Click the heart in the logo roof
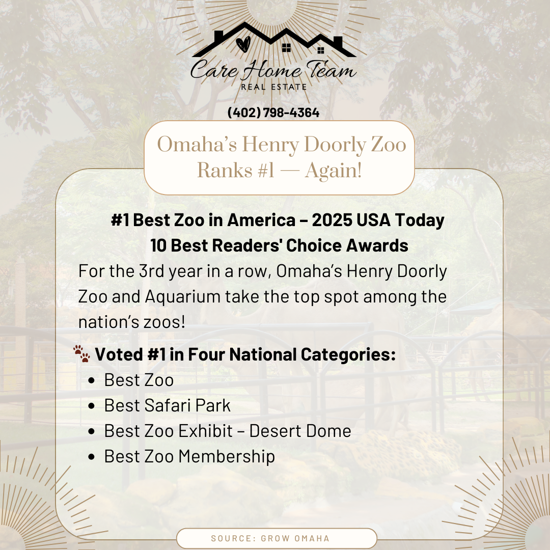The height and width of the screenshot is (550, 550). tap(243, 44)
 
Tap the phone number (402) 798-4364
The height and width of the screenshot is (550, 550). tap(273, 113)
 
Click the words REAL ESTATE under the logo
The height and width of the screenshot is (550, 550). tap(274, 87)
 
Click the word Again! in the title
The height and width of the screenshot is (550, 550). tap(333, 171)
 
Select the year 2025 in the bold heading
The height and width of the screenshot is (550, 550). tap(332, 220)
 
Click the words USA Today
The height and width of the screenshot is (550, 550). tap(401, 221)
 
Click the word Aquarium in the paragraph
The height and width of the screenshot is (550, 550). tap(182, 297)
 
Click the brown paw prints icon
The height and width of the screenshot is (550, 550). tap(81, 353)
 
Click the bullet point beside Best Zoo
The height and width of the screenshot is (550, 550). tap(92, 380)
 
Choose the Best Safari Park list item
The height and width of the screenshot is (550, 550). tap(168, 405)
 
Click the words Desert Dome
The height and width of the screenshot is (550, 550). tap(300, 431)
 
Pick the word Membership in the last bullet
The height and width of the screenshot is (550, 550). tap(227, 457)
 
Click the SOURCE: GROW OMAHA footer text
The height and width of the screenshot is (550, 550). tap(270, 538)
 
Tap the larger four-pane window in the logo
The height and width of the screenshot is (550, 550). tap(287, 48)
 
